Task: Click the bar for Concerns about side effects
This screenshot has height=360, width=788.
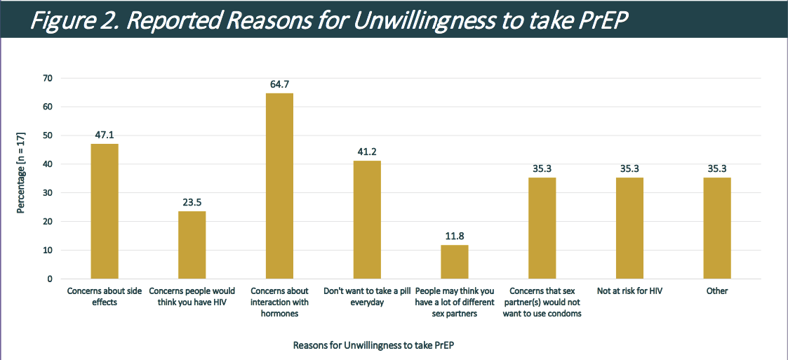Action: pos(104,211)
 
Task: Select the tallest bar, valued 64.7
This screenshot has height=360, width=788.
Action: pos(279,186)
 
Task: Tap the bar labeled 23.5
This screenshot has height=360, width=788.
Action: pos(192,245)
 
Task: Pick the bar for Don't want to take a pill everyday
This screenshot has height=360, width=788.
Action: pos(367,220)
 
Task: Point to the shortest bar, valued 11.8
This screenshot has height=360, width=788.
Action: pos(455,262)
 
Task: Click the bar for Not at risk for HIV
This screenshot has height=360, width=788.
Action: pos(629,228)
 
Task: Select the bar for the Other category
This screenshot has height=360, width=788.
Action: pos(717,228)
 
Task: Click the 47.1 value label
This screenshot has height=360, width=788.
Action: pos(104,135)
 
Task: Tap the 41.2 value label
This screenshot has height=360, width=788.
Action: pos(367,152)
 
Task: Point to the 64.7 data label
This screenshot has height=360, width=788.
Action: pos(279,84)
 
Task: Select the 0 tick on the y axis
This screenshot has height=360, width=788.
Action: pos(49,279)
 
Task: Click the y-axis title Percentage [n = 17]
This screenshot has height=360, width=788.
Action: pos(22,178)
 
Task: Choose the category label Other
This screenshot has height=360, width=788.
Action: pos(717,291)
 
